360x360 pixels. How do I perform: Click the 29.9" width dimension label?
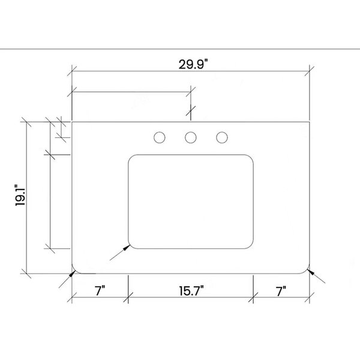193,64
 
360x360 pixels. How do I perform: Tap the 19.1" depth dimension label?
20,195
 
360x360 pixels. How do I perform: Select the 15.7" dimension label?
191,291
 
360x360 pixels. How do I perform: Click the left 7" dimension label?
100,290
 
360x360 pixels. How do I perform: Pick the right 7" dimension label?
281,291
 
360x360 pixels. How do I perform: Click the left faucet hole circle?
160,137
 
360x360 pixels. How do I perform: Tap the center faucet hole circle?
191,137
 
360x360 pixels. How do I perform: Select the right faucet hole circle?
222,137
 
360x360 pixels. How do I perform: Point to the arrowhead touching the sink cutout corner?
127,247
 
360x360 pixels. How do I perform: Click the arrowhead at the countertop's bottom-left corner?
73,274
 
